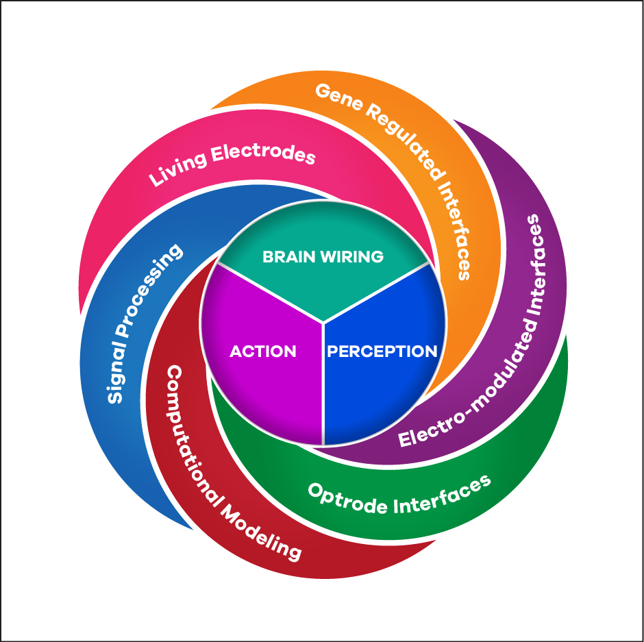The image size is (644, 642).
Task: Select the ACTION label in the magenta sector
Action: [263, 351]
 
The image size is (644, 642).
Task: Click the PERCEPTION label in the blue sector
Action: [382, 351]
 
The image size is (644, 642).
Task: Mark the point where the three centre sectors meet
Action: [323, 321]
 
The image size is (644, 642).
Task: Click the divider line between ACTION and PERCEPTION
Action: [323, 384]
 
